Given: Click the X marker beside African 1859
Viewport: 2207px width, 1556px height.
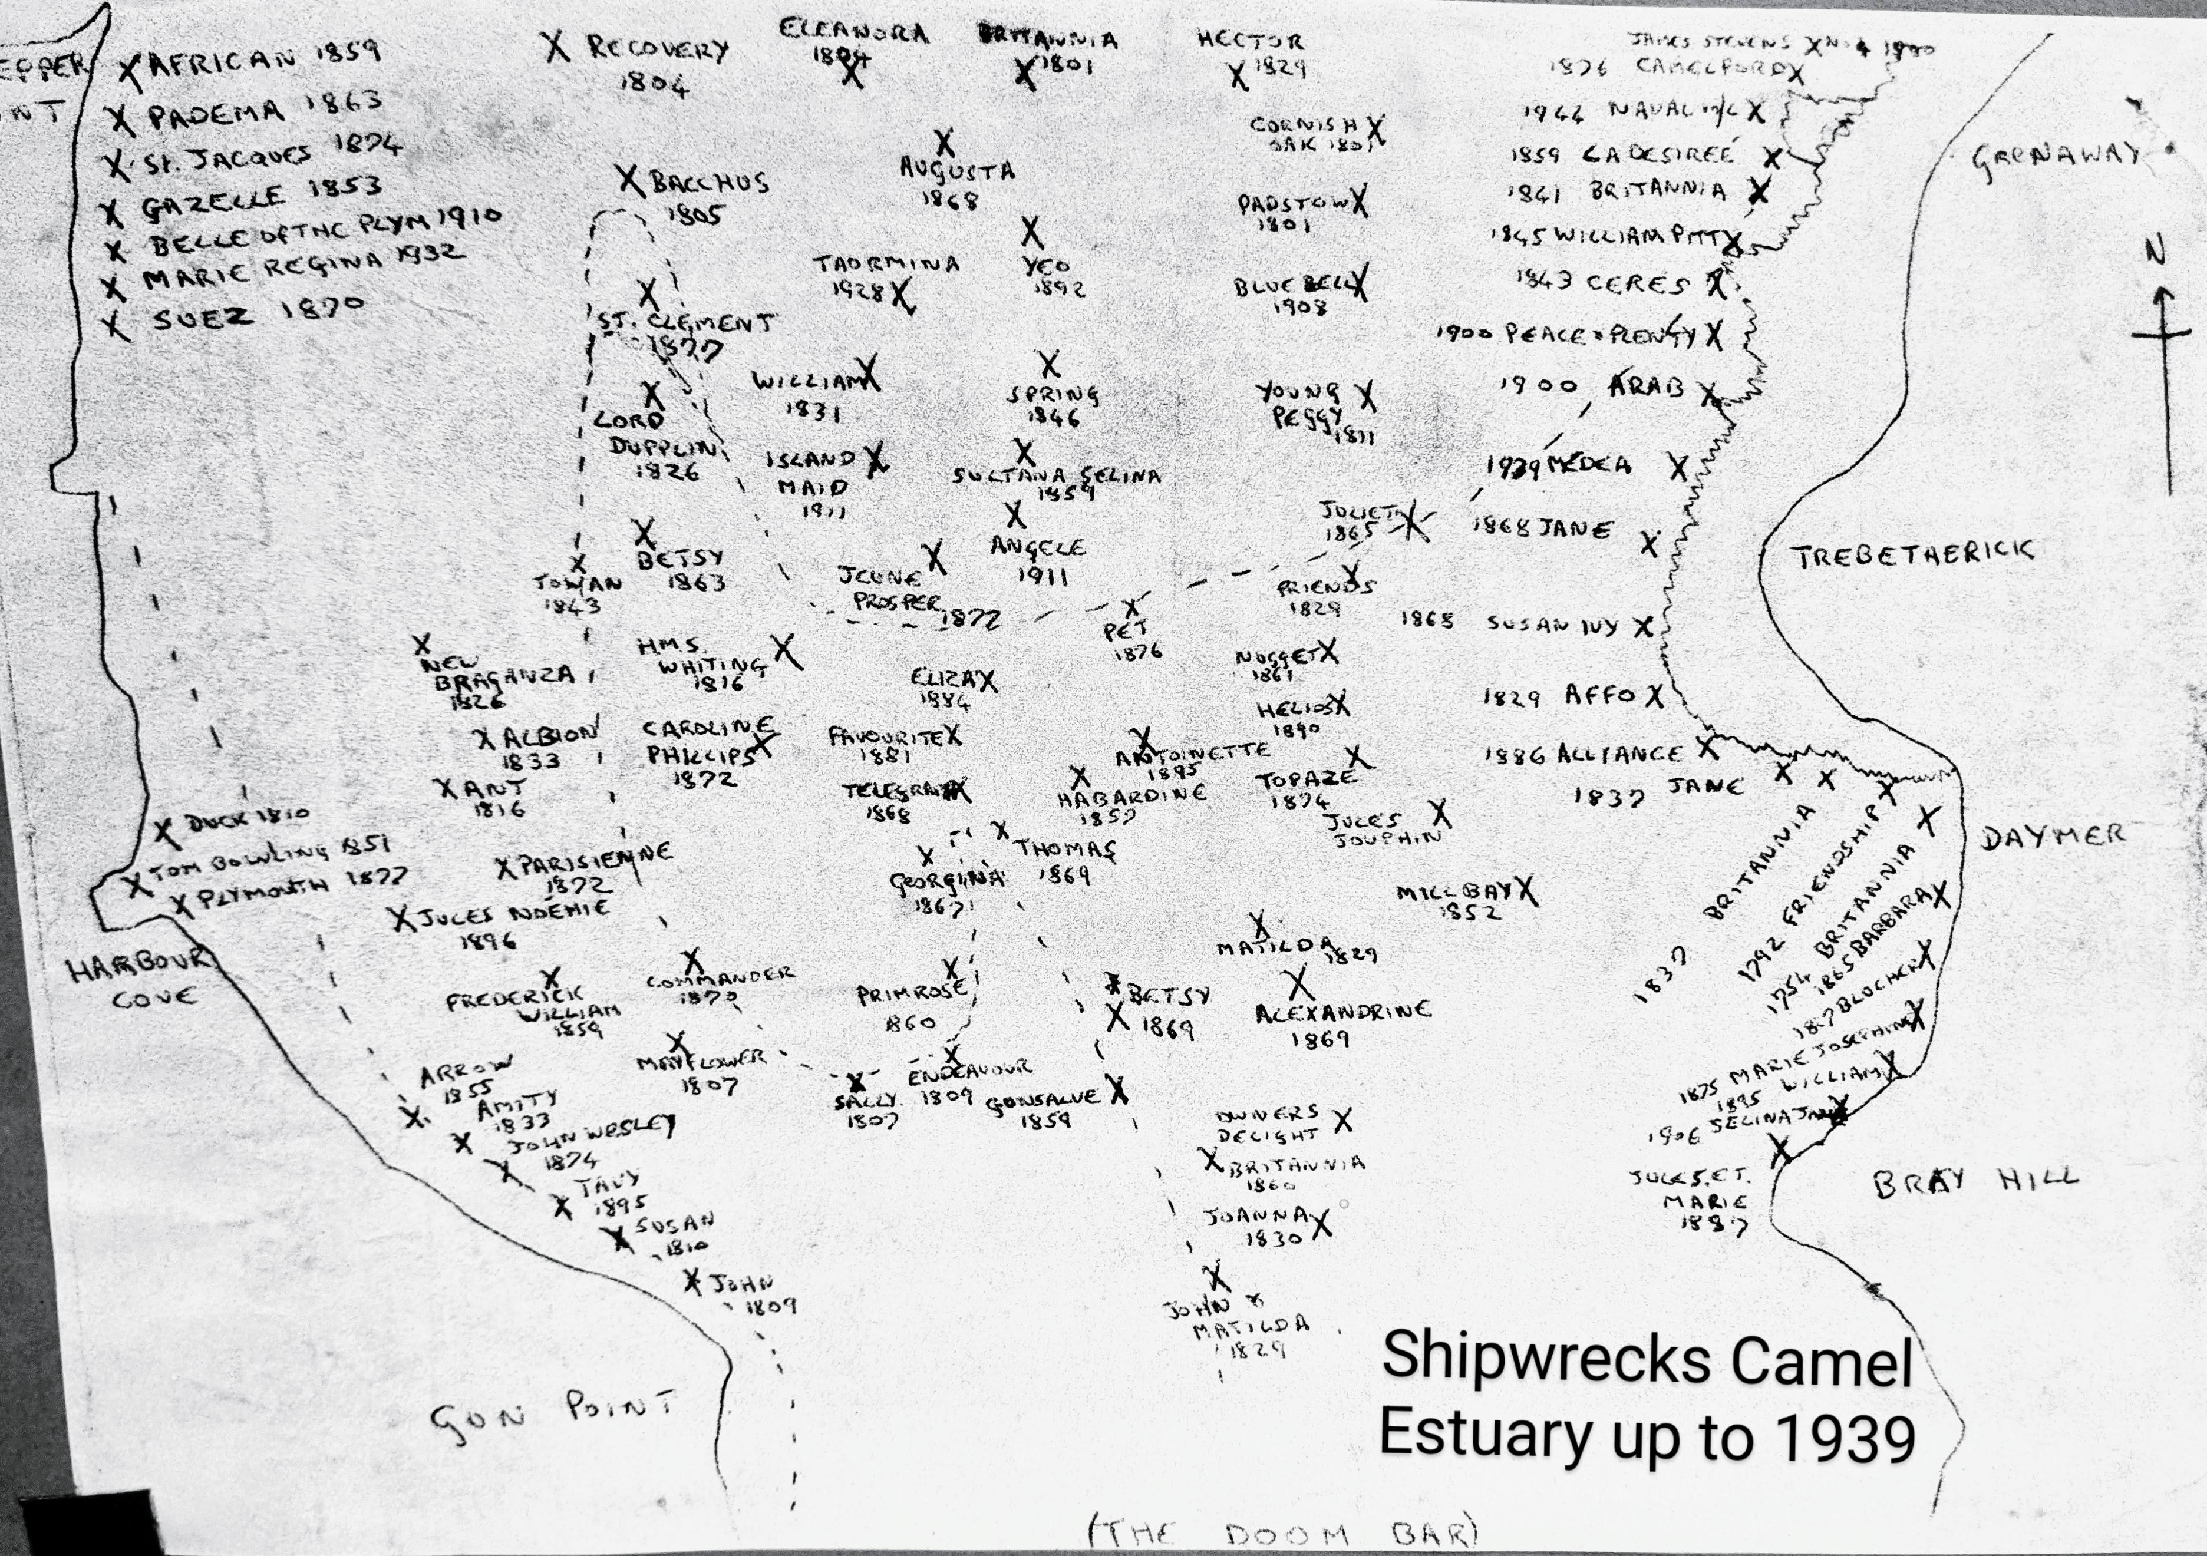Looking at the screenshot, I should [130, 68].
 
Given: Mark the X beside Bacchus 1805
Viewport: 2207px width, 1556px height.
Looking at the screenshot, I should [629, 180].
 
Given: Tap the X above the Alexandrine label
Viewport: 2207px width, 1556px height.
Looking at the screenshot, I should [1299, 983].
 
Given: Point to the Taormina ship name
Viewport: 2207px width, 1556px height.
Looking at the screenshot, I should [886, 263].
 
